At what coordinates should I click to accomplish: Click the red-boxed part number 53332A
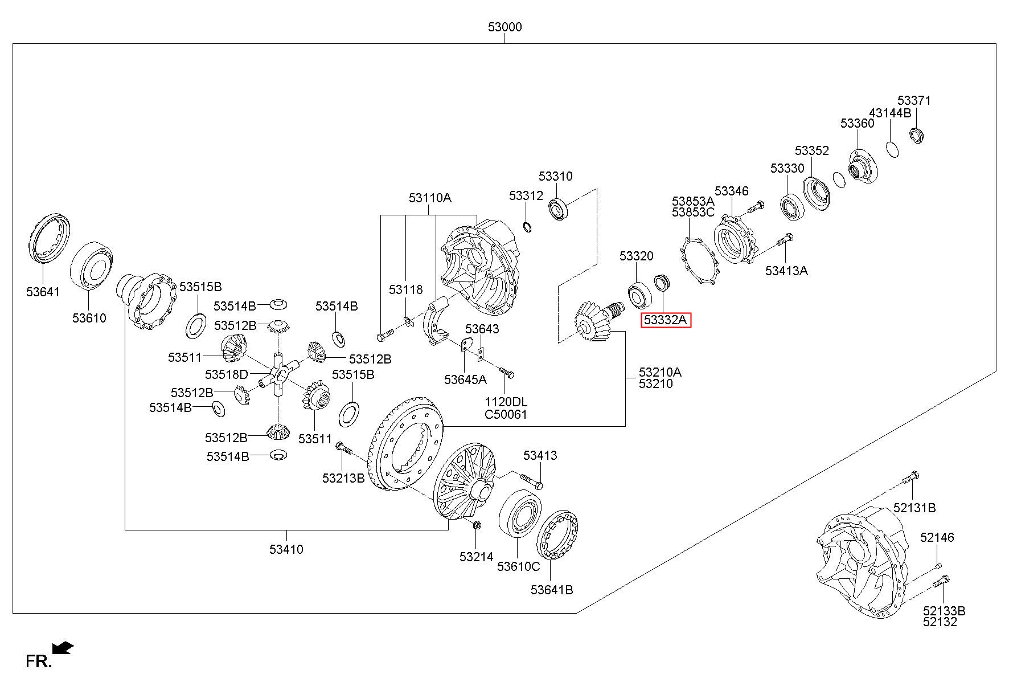pos(666,320)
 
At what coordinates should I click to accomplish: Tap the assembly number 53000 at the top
pos(504,27)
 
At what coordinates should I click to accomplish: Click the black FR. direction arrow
pos(63,648)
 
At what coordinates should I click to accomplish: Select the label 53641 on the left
pos(43,292)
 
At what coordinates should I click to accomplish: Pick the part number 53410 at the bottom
pos(286,549)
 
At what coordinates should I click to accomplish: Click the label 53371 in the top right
pos(914,100)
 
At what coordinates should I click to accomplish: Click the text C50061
pos(506,414)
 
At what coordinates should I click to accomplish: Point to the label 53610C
pos(518,566)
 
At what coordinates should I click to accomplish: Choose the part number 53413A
pos(786,271)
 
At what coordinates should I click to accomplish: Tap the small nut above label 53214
pos(477,525)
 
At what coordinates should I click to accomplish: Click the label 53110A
pos(430,198)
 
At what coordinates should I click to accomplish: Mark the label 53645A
pos(466,379)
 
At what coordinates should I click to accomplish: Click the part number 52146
pos(937,537)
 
